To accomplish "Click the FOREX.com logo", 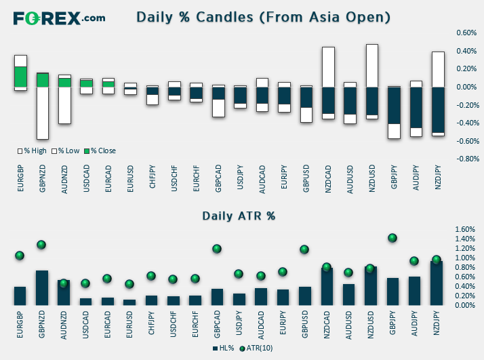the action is pyautogui.click(x=59, y=18).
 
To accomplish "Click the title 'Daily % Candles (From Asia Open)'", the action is pyautogui.click(x=263, y=18).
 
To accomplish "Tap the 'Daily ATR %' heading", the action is pyautogui.click(x=239, y=216).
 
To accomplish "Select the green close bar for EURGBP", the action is pyautogui.click(x=21, y=77).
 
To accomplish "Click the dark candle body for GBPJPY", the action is pyautogui.click(x=394, y=106).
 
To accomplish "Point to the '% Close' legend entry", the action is pyautogui.click(x=100, y=151).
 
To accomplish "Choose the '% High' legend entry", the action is pyautogui.click(x=32, y=151).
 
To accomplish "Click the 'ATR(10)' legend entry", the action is pyautogui.click(x=256, y=348).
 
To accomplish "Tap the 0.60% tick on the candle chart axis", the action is pyautogui.click(x=466, y=33).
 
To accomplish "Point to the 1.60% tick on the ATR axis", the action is pyautogui.click(x=465, y=229).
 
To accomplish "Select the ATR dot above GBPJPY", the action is pyautogui.click(x=392, y=238).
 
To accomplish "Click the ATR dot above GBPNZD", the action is pyautogui.click(x=41, y=245).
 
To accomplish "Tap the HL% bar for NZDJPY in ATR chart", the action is pyautogui.click(x=437, y=283).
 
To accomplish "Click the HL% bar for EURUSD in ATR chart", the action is pyautogui.click(x=129, y=302).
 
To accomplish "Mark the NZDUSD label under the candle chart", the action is pyautogui.click(x=372, y=178).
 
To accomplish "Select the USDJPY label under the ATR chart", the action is pyautogui.click(x=239, y=323).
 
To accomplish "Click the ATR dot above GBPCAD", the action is pyautogui.click(x=217, y=249).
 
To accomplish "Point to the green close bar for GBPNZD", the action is pyautogui.click(x=43, y=80).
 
